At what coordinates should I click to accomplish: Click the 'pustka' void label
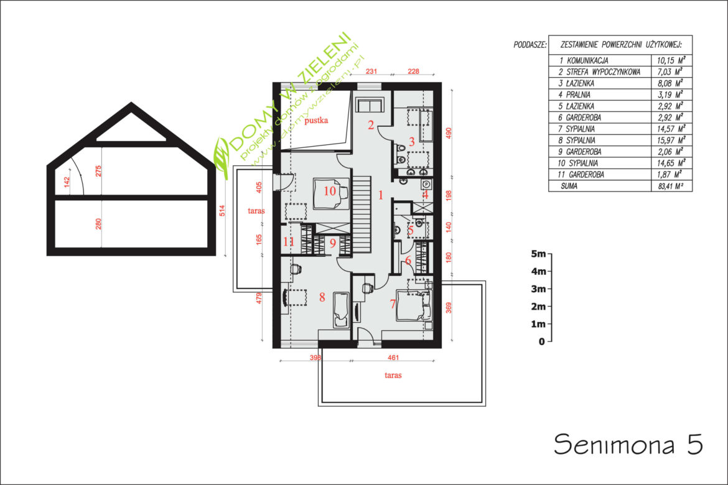click(316, 121)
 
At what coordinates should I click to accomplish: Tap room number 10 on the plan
click(330, 191)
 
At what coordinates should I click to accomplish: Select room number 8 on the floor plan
click(322, 297)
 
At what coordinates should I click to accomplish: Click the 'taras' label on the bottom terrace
click(393, 375)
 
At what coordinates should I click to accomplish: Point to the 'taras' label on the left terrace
click(256, 211)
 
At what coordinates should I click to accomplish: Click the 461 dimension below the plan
click(393, 358)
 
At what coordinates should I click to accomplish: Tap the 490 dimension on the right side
click(449, 133)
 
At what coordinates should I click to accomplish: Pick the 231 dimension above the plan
click(371, 72)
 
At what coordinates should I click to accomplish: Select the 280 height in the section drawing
click(98, 224)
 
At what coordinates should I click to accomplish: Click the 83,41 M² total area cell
click(670, 187)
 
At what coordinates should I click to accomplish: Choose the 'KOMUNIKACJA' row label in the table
click(587, 61)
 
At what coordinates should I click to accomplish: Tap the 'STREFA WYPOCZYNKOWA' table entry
click(603, 72)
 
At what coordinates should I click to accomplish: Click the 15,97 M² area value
click(671, 140)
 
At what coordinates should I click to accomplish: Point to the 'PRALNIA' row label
click(578, 95)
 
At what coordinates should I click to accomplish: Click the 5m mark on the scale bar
click(539, 254)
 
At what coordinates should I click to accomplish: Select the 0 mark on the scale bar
click(541, 341)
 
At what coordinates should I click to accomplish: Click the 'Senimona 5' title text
click(628, 444)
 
